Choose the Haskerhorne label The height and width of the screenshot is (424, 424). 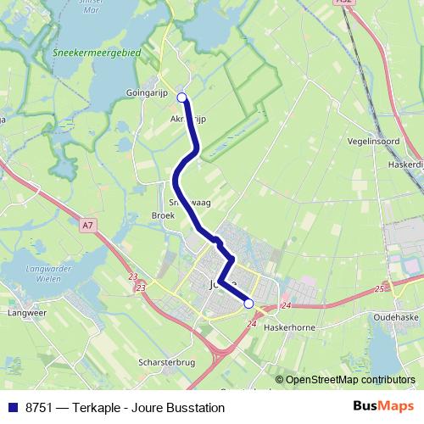[290, 326]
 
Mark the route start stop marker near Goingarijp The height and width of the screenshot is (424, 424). [181, 98]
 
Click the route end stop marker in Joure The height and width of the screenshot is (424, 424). [248, 303]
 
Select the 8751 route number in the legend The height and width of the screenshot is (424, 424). [36, 408]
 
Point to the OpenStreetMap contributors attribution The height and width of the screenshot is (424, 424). [350, 380]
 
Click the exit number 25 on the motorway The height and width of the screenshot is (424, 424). [379, 290]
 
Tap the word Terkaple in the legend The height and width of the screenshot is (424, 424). [101, 408]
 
